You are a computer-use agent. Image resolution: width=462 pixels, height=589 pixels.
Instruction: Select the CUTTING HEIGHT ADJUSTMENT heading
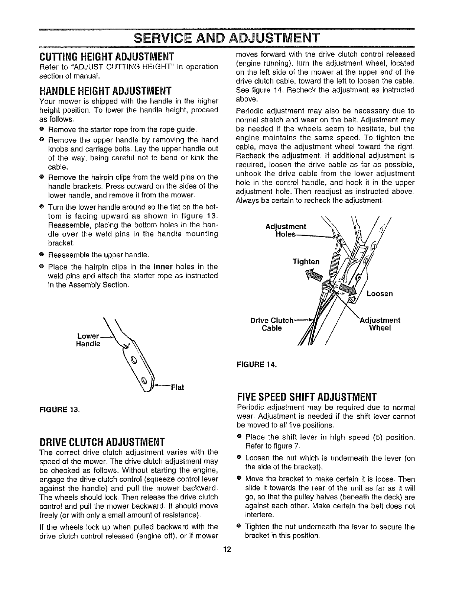107,58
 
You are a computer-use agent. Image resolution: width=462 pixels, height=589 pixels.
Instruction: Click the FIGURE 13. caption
59,410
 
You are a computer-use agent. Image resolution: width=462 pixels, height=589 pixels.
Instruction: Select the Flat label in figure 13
177,387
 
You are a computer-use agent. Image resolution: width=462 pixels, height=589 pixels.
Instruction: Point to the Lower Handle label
88,340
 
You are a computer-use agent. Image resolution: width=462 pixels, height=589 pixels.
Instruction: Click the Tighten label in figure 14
306,261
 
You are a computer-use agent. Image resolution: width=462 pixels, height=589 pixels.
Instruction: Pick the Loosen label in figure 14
379,294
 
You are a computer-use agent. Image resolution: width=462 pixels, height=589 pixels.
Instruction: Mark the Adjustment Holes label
286,231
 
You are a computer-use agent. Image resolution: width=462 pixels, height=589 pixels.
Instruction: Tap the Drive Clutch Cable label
272,324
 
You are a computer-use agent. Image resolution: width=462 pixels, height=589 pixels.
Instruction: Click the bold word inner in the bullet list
161,267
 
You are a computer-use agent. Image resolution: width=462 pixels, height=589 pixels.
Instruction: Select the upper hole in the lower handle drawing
134,360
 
